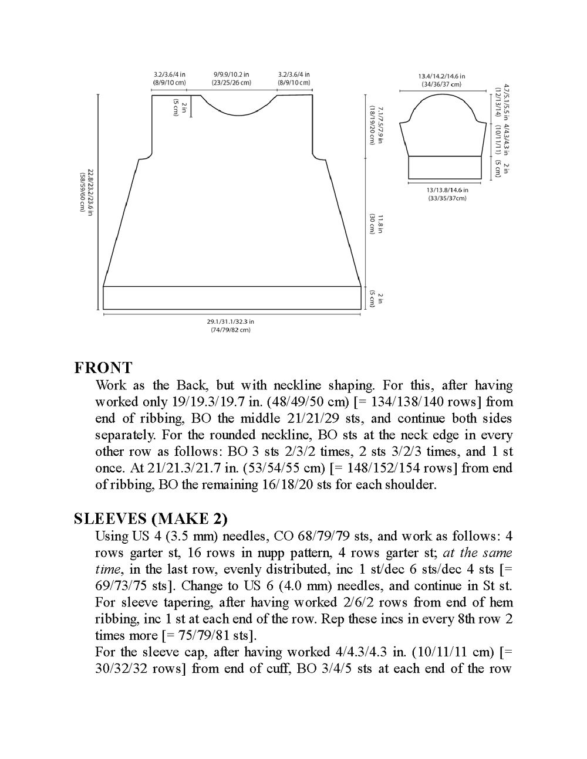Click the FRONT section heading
pos(103,368)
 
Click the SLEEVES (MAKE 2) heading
pos(150,519)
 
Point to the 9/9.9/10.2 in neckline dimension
pos(231,75)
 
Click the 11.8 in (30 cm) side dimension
pos(376,223)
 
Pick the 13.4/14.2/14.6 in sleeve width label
pos(442,77)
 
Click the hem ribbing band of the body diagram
pos(232,297)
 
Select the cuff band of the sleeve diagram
pos(444,167)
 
